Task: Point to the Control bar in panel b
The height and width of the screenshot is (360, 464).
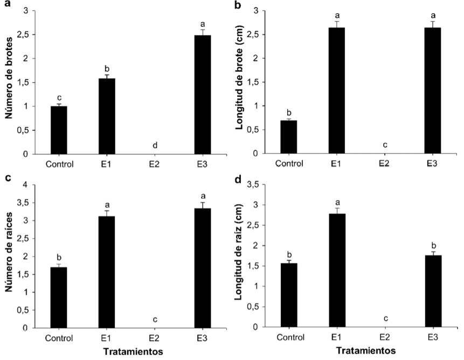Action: click(x=289, y=137)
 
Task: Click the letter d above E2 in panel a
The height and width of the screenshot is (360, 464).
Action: click(x=155, y=145)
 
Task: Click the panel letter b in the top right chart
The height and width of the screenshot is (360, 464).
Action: click(x=238, y=6)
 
